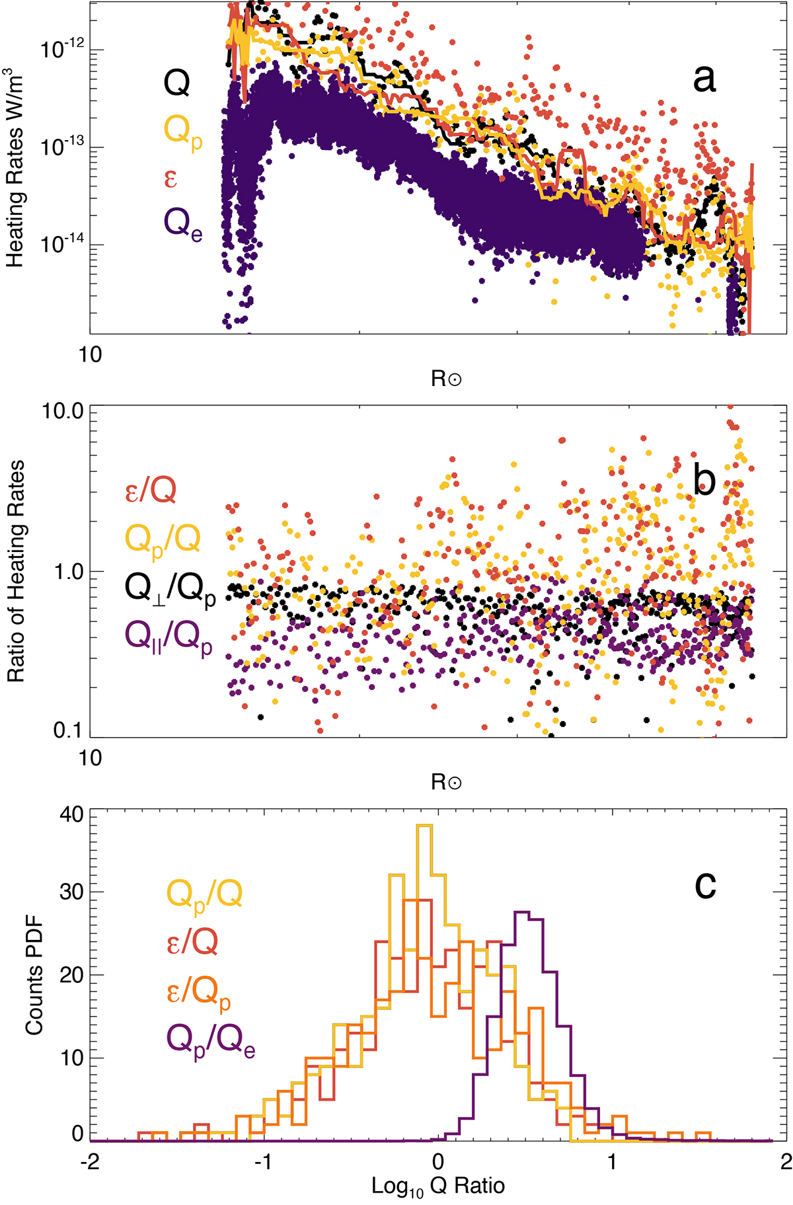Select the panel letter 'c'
coord(705,884)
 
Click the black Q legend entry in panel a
coord(176,83)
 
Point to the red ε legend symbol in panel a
coord(170,178)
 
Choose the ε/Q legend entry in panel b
coord(151,490)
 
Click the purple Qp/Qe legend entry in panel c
coord(211,1042)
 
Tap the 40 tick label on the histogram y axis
coord(72,814)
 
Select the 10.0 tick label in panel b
coord(63,411)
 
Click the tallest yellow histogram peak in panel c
coord(424,826)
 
